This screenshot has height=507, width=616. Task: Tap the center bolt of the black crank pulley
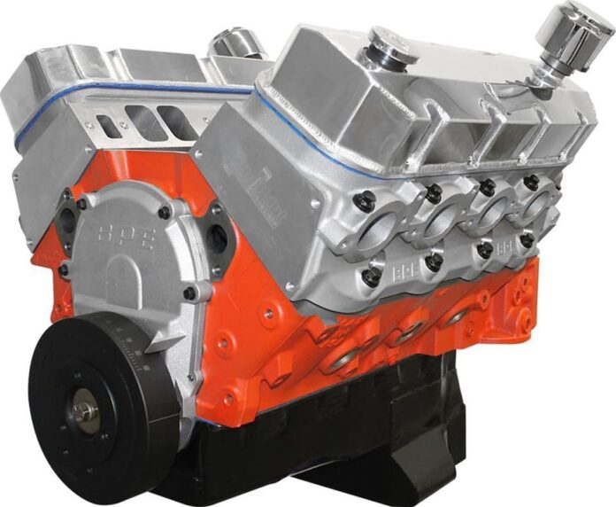pos(85,411)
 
